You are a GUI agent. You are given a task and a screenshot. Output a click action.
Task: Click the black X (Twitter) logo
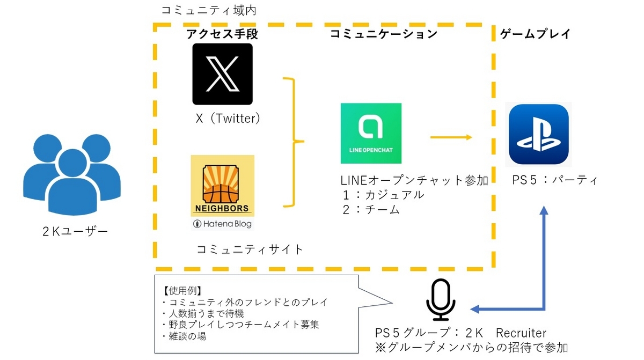(223, 74)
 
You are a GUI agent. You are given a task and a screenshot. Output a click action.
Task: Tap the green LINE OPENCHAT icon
(371, 133)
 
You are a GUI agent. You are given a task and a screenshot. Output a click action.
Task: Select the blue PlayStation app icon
(538, 134)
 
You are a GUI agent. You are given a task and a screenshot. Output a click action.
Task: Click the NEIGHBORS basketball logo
(222, 186)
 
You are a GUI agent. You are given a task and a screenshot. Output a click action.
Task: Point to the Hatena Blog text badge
(222, 224)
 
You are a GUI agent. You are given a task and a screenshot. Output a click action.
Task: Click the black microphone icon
(441, 299)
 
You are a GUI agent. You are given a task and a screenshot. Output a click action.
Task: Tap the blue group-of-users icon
(72, 174)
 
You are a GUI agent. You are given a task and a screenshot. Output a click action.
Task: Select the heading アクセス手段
(222, 34)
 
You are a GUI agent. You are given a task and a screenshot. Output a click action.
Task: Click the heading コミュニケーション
(384, 34)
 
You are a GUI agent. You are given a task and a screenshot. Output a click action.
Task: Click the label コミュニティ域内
(209, 11)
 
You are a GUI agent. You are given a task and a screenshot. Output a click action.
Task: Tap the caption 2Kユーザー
(75, 231)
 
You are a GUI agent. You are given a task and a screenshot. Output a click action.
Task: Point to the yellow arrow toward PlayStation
(451, 137)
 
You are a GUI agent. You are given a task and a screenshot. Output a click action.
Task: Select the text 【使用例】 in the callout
(182, 291)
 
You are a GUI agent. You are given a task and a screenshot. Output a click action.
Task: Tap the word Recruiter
(521, 333)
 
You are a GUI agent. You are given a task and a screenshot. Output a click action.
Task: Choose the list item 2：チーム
(371, 210)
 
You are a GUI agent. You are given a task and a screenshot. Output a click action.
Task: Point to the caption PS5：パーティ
(555, 180)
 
